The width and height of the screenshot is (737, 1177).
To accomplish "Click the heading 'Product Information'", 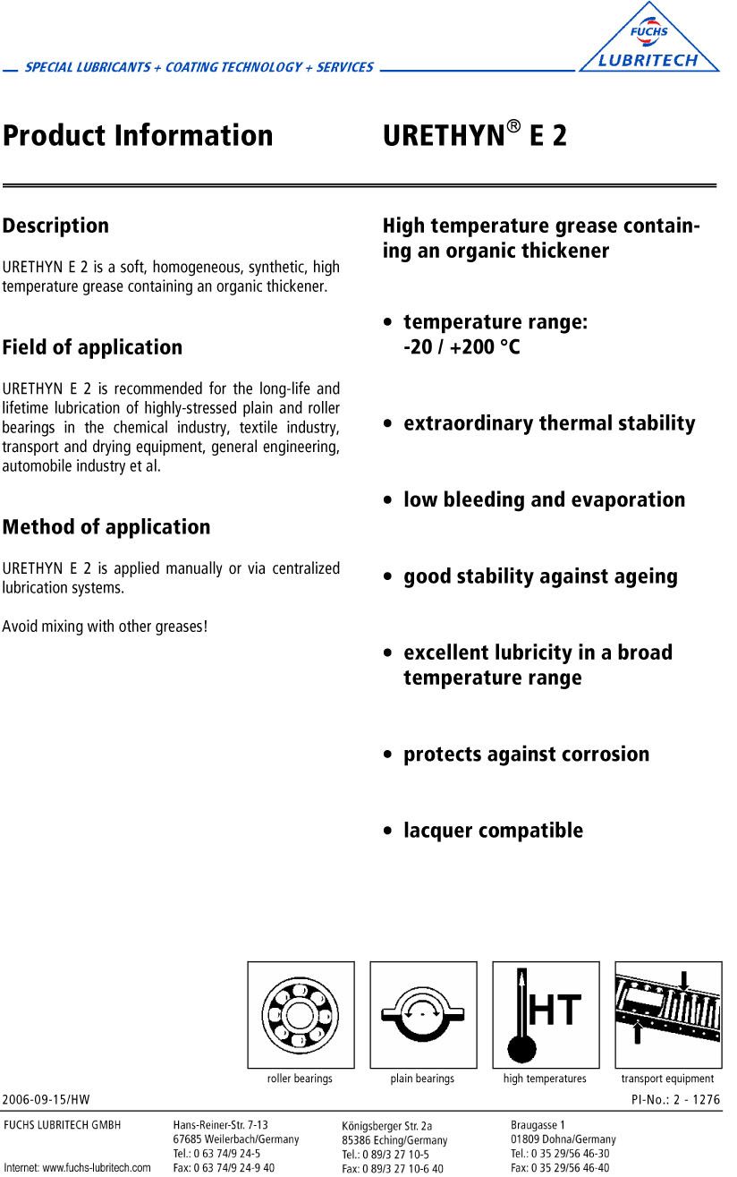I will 138,136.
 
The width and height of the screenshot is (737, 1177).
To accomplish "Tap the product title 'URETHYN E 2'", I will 475,136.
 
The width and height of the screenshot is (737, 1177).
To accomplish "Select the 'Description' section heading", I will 55,226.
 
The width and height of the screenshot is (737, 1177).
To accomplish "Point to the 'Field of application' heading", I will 92,347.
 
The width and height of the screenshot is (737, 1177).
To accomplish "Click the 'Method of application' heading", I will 106,527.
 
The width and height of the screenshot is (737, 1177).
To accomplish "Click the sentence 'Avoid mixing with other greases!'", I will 105,627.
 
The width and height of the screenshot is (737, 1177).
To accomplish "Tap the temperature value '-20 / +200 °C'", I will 462,347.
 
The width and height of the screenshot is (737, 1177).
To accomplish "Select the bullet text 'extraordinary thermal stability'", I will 549,423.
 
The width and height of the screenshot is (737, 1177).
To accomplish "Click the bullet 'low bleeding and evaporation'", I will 544,500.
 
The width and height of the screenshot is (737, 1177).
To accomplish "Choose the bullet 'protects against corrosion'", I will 526,755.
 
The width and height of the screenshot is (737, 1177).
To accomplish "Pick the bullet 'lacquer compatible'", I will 493,831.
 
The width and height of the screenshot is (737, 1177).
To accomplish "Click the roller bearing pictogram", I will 301,1015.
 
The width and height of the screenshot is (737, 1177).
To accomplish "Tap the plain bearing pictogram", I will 423,1015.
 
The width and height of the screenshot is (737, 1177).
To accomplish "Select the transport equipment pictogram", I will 668,1015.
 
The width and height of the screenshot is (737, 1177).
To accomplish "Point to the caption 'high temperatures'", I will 545,1079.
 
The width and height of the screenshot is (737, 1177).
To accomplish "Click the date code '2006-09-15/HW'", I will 47,1099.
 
